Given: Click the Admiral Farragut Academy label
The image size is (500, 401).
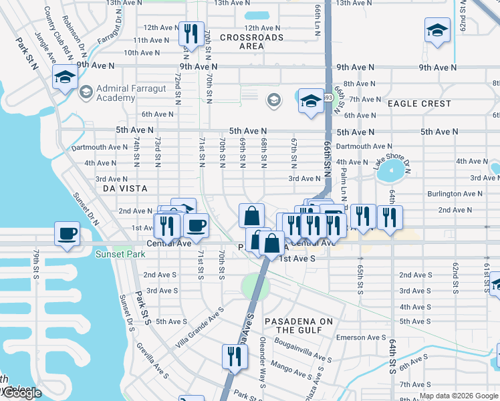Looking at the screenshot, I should (106, 94).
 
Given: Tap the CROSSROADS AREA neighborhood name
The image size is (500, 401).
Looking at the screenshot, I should (251, 42).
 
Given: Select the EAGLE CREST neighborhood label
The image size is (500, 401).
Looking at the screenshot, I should (419, 104).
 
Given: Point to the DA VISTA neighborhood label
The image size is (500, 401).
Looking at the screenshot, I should (124, 189).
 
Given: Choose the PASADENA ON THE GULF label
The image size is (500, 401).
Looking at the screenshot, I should (298, 325).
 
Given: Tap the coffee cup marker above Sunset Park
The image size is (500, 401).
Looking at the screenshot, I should (67, 235).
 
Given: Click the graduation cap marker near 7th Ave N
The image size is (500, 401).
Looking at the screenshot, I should (310, 101).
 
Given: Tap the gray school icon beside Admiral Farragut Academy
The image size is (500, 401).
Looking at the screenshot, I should (86, 91).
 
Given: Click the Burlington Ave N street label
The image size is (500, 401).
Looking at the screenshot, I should (455, 194).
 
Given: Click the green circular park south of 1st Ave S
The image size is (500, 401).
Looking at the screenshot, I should (255, 287).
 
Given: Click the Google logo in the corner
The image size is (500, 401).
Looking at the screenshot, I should (21, 394).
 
